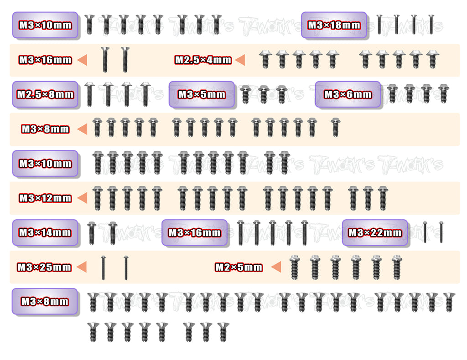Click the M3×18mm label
[x=334, y=25]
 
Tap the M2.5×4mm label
[x=203, y=60]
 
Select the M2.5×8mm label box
[x=45, y=95]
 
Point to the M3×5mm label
[x=202, y=95]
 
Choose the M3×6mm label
[x=348, y=95]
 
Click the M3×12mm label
[x=45, y=198]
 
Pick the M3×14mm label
[x=45, y=232]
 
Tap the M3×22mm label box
[x=375, y=232]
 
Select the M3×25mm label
[x=44, y=267]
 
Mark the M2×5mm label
[x=239, y=267]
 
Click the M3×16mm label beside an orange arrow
[x=45, y=60]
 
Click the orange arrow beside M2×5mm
[x=275, y=267]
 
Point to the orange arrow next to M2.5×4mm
[x=240, y=60]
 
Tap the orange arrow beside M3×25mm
[x=82, y=267]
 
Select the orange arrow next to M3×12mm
[x=82, y=198]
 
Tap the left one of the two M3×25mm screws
[x=104, y=268]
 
